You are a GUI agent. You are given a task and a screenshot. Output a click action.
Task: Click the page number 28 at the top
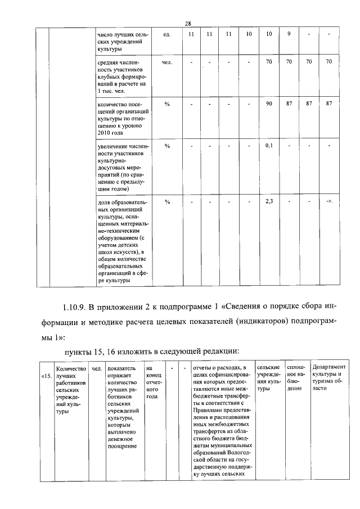[188, 23]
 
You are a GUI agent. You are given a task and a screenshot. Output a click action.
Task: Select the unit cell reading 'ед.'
[167, 34]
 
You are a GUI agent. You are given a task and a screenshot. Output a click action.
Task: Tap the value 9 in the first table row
[289, 34]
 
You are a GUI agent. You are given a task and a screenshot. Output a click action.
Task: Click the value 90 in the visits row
[269, 103]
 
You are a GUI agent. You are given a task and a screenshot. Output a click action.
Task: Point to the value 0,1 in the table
[269, 146]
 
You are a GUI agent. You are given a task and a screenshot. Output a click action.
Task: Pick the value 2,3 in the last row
[269, 201]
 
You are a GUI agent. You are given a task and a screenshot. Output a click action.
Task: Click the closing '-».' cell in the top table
[329, 201]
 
